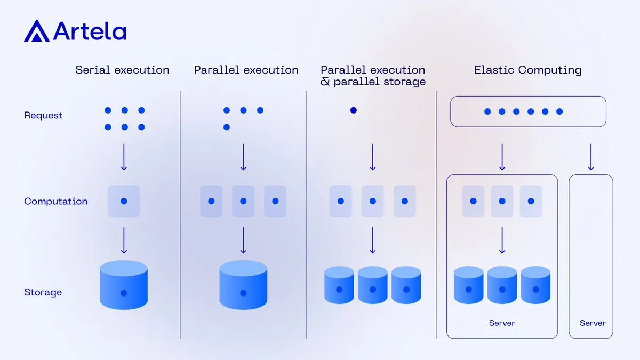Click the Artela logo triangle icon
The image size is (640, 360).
pyautogui.click(x=37, y=31)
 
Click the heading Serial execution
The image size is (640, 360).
pyautogui.click(x=122, y=70)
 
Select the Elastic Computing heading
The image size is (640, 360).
pyautogui.click(x=527, y=70)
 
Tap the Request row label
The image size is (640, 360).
pyautogui.click(x=43, y=115)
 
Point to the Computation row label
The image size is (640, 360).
pyautogui.click(x=55, y=201)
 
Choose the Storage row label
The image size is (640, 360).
pyautogui.click(x=43, y=292)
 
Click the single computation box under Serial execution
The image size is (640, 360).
pyautogui.click(x=124, y=201)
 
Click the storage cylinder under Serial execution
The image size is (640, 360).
pyautogui.click(x=124, y=285)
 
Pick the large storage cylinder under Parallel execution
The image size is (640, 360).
pyautogui.click(x=243, y=285)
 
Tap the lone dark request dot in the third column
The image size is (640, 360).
pyautogui.click(x=353, y=110)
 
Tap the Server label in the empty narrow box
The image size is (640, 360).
pyautogui.click(x=593, y=323)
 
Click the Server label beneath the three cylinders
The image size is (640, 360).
pyautogui.click(x=502, y=323)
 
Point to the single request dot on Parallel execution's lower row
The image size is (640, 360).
pyautogui.click(x=227, y=127)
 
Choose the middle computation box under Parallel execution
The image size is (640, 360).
pyautogui.click(x=243, y=201)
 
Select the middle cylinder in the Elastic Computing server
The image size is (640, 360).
pyautogui.click(x=502, y=285)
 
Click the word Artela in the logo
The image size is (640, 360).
pyautogui.click(x=90, y=31)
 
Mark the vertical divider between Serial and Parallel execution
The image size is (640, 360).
pyautogui.click(x=180, y=213)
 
